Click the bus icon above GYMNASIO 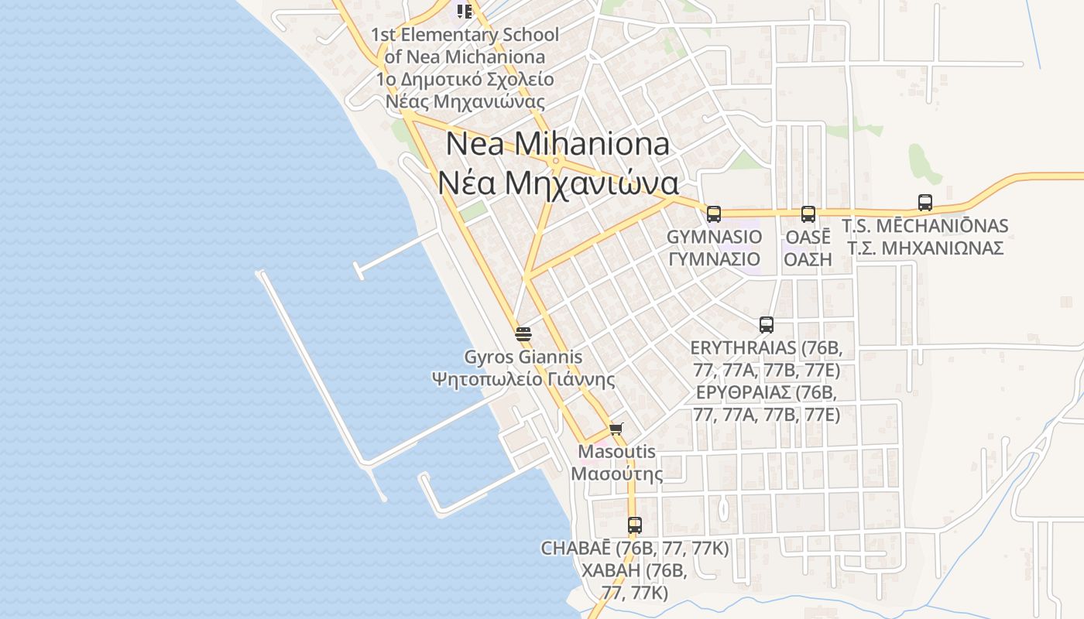(713, 214)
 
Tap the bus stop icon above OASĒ (808, 214)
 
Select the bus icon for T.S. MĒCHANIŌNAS (924, 203)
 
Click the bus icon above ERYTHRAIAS (766, 325)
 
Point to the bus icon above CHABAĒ (634, 525)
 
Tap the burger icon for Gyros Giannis (523, 334)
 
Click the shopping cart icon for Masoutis (616, 429)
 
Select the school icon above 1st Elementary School (464, 11)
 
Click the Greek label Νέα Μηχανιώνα (557, 183)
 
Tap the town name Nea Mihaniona (557, 144)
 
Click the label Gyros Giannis (523, 357)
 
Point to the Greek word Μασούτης (616, 473)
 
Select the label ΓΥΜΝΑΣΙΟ (714, 258)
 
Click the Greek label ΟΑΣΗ (808, 258)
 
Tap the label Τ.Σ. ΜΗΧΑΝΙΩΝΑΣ (924, 248)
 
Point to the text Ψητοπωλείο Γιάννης (523, 379)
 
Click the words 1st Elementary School (465, 35)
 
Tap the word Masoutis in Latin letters (616, 451)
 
